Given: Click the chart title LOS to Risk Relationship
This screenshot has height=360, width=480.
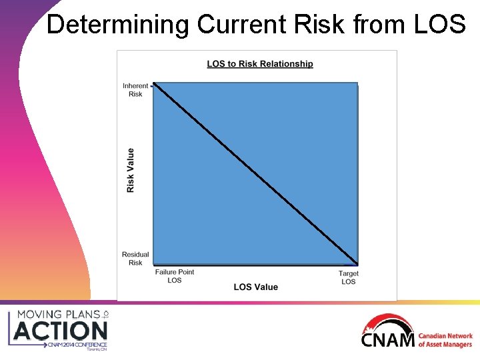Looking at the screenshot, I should point(259,64).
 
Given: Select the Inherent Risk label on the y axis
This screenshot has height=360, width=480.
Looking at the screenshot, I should point(135,90).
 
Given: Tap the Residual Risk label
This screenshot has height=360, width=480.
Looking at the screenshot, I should point(135,259).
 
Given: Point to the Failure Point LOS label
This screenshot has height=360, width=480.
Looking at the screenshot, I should point(174,276).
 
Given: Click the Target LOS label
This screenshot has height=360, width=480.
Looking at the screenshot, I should point(348,277).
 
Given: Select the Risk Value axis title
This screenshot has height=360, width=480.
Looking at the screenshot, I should point(131,171).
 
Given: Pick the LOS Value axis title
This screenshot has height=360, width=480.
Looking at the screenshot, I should point(255,287).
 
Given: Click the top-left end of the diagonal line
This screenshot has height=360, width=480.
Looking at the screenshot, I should point(154,84).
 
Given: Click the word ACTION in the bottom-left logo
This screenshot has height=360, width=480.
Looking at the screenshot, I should point(61,331).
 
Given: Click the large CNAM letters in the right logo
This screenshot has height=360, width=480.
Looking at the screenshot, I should point(387,340).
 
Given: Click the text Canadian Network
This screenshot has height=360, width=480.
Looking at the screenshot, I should point(445,337).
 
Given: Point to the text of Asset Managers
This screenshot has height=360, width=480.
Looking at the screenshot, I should point(445,345).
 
